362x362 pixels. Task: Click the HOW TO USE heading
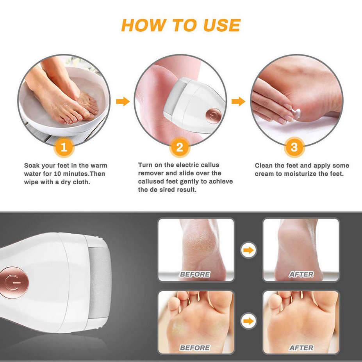pos(180,25)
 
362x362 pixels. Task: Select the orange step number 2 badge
pos(180,148)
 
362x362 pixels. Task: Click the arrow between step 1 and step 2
pos(123,102)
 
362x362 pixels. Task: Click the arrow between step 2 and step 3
pos(238,102)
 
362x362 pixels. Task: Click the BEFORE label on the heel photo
pos(195,275)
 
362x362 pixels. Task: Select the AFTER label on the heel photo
pos(301,275)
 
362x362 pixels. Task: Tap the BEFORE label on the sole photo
pos(195,348)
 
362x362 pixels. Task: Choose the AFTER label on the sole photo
pos(301,348)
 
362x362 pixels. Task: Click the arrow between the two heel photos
pos(248,250)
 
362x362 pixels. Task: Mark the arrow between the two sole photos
pos(248,321)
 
